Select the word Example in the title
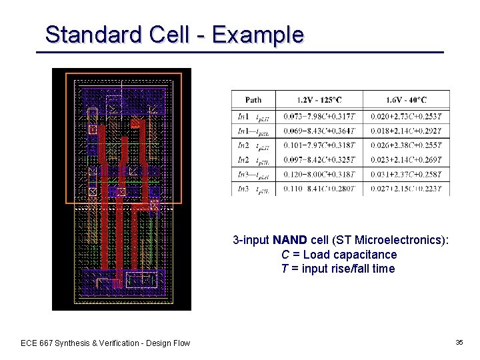pyautogui.click(x=257, y=34)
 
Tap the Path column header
pyautogui.click(x=253, y=100)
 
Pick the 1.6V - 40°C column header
pyautogui.click(x=407, y=100)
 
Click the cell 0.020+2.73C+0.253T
pyautogui.click(x=407, y=116)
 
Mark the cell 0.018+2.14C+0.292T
pyautogui.click(x=407, y=130)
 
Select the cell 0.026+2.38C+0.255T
pyautogui.click(x=407, y=145)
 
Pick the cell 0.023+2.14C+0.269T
pyautogui.click(x=407, y=159)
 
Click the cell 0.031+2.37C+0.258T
pyautogui.click(x=407, y=174)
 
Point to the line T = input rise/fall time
pyautogui.click(x=338, y=269)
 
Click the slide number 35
pyautogui.click(x=459, y=342)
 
